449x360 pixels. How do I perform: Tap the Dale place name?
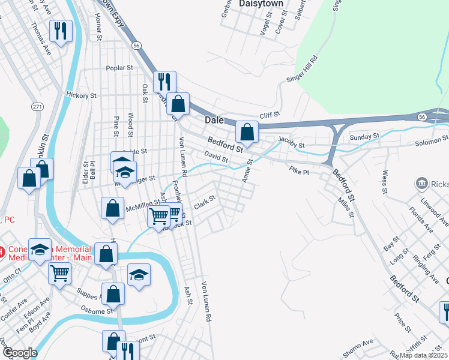214,120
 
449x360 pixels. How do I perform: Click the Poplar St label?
119,68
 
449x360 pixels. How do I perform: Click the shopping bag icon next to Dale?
247,131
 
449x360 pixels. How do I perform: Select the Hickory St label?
81,95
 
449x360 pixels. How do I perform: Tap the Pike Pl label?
298,172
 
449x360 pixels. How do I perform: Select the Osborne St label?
97,311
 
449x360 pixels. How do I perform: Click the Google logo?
19,353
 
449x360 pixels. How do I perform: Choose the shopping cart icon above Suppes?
59,274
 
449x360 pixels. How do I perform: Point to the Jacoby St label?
292,145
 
